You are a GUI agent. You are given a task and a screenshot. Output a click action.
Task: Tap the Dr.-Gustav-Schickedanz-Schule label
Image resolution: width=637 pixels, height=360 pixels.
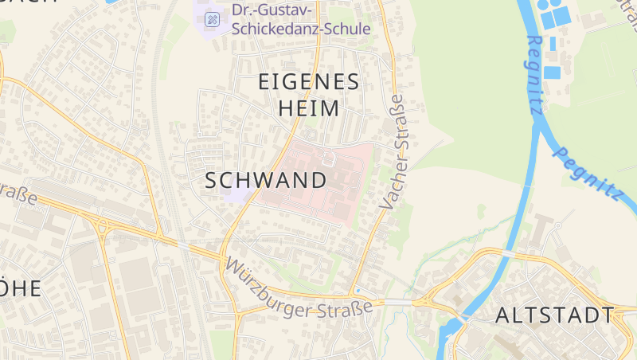click(301, 20)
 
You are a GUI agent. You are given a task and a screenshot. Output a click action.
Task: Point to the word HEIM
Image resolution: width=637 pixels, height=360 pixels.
click(310, 108)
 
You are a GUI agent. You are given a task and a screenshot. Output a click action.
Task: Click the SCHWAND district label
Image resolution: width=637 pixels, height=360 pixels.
click(266, 180)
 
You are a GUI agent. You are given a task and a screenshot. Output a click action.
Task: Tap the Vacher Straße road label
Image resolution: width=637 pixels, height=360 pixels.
click(393, 151)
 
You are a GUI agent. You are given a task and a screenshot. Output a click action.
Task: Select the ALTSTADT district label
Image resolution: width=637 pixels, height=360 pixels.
click(554, 315)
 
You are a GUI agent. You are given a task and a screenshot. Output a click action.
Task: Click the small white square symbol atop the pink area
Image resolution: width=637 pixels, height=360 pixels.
click(328, 158)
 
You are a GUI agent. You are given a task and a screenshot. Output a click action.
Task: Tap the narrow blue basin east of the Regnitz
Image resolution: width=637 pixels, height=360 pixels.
click(552, 72)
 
